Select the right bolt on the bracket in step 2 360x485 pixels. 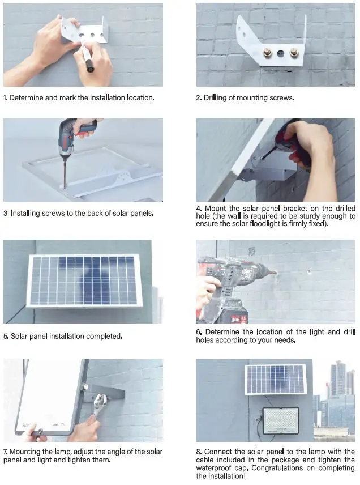(x=294, y=54)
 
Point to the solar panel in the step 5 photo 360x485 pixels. (x=84, y=280)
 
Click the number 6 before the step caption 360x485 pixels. (x=198, y=332)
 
